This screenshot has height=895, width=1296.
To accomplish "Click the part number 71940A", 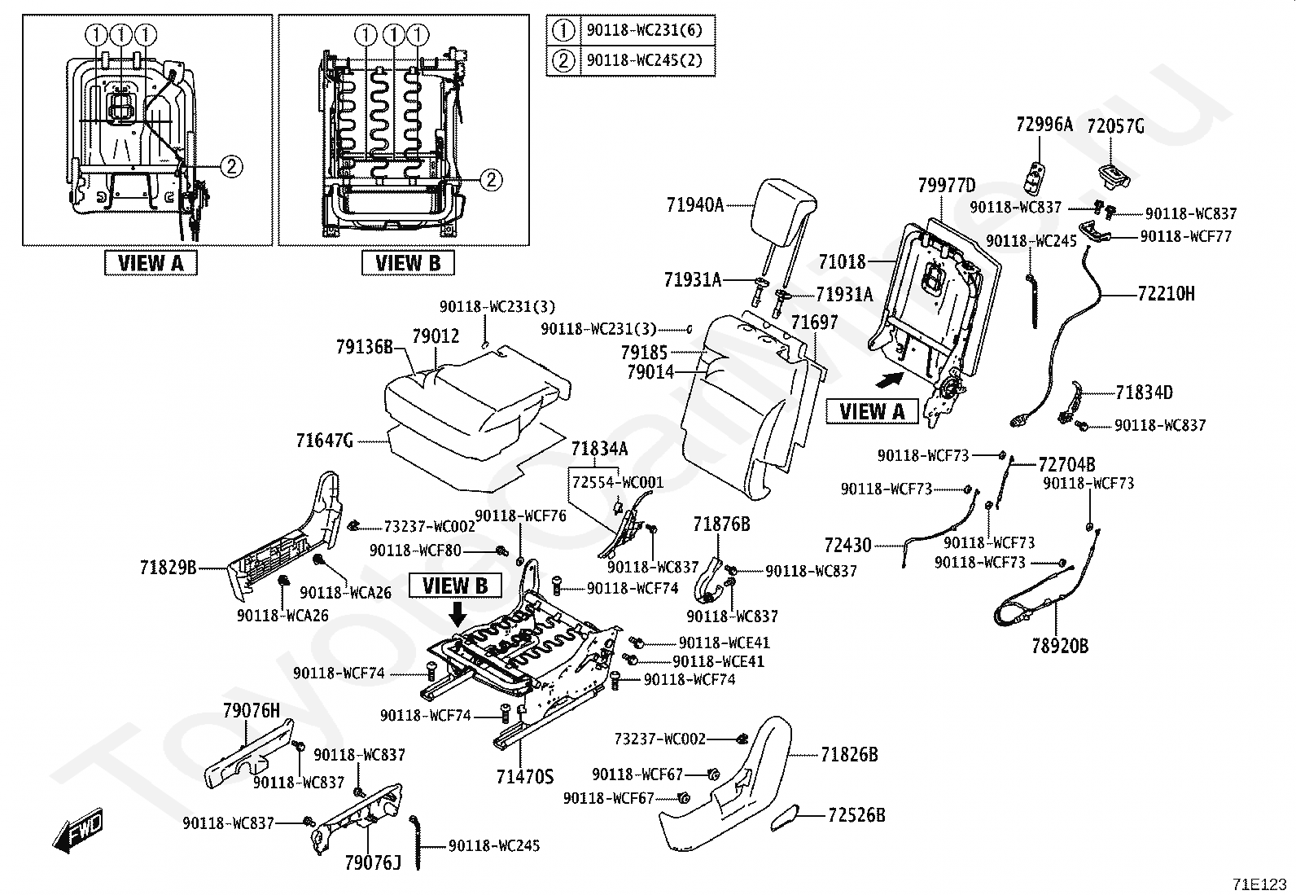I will coord(694,205).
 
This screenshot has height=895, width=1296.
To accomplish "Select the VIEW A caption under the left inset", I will coord(151,263).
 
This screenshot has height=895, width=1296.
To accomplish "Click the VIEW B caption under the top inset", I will coord(408,263).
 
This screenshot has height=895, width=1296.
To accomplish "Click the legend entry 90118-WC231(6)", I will coord(643,32).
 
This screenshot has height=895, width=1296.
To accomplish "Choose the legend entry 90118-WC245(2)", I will coord(643,59).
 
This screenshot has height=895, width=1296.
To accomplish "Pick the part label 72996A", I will coord(1044,125).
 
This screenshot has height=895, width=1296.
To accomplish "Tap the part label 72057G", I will coord(1115,126).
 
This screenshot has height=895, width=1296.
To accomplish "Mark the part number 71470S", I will coord(525,776).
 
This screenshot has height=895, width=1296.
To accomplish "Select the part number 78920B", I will coord(1060,647).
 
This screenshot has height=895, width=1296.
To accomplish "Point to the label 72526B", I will coord(856,814).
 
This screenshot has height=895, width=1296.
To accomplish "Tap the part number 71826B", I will coord(849,755).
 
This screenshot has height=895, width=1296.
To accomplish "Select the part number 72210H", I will coord(1167,294).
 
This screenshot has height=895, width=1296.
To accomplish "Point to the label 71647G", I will coord(325,441).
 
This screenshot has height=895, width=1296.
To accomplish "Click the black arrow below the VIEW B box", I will coord(458,612).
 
